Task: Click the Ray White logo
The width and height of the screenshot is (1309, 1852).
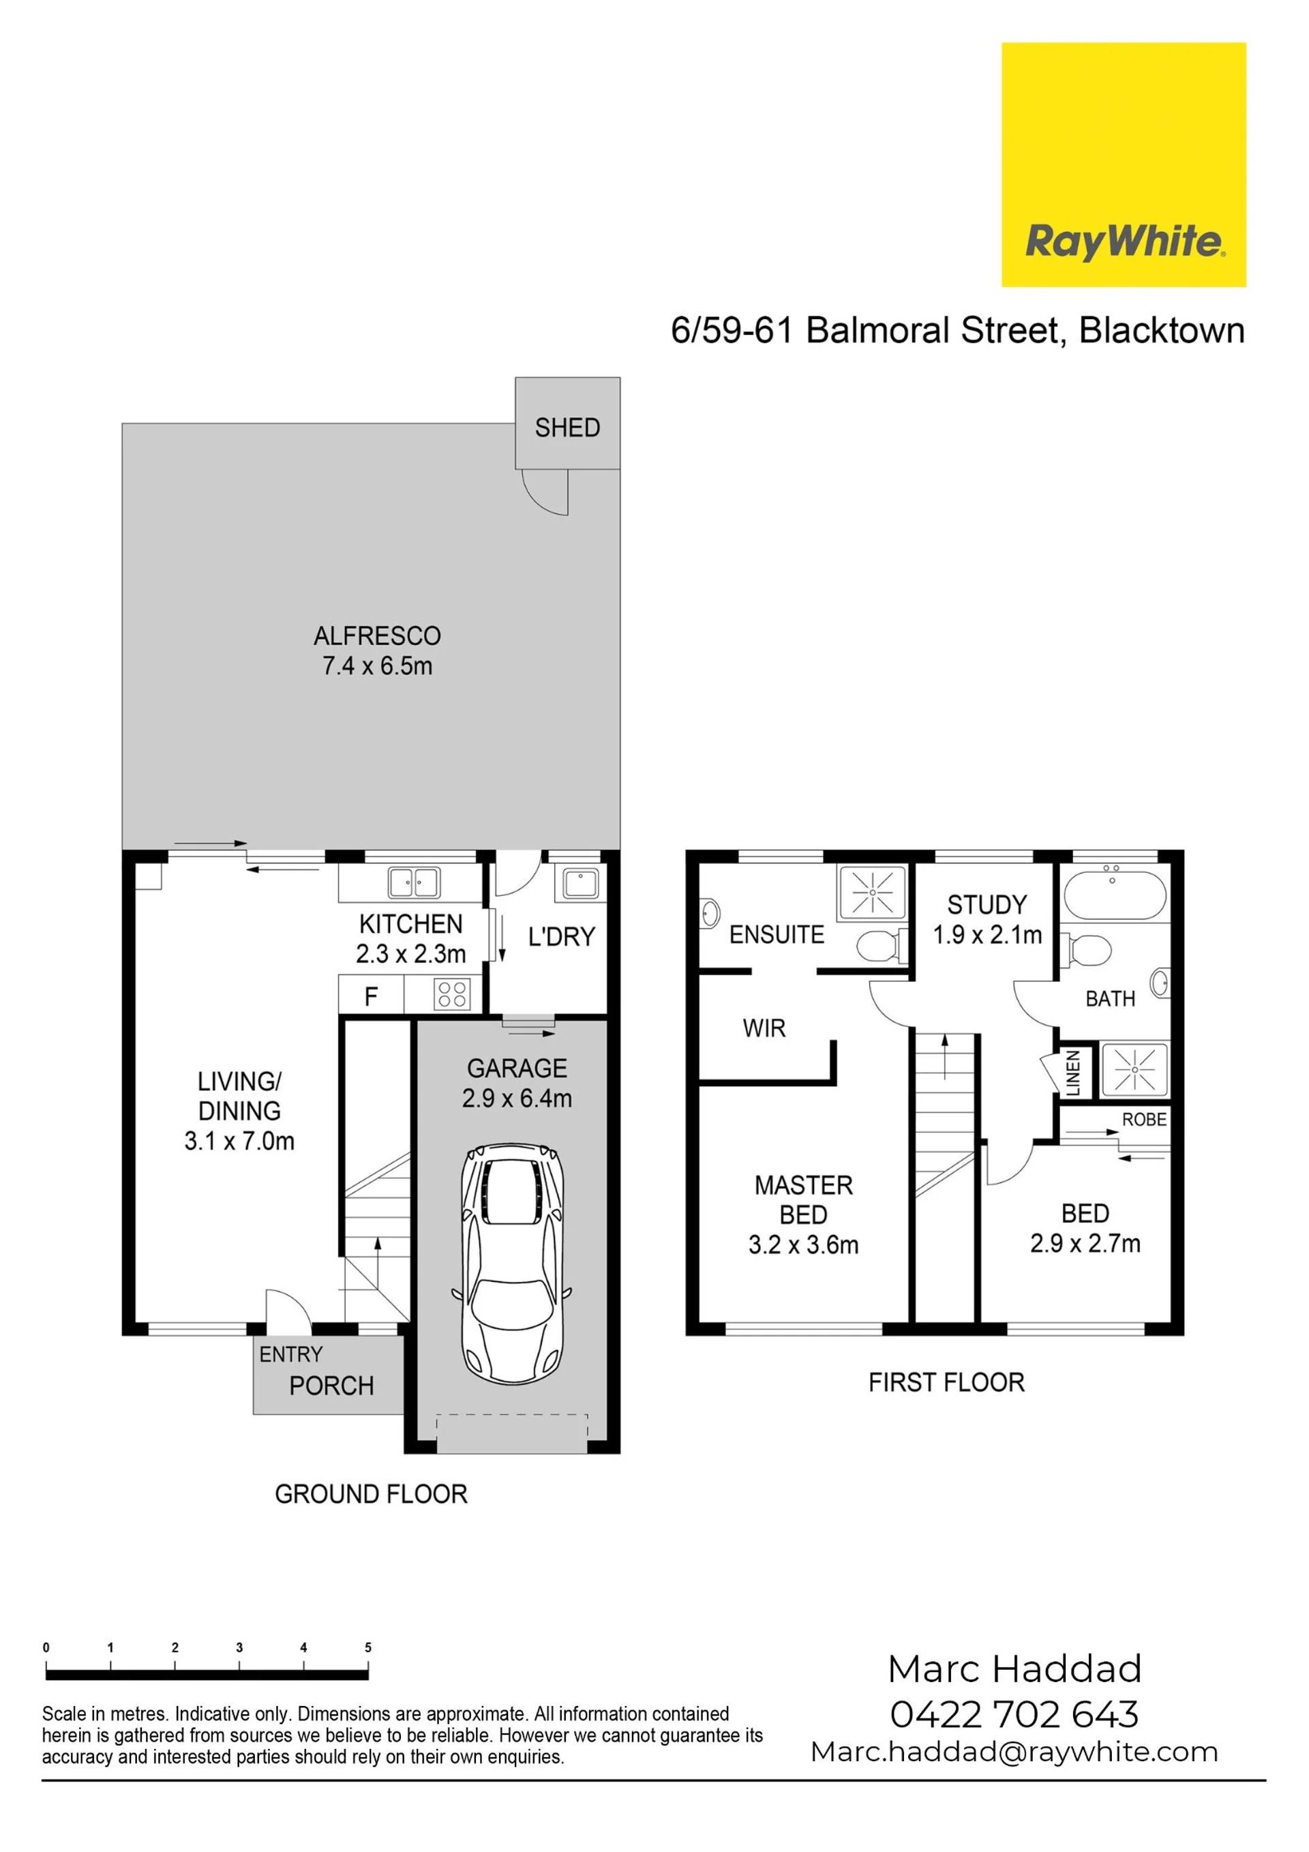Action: (1124, 164)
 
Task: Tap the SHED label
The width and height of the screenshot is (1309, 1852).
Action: (567, 428)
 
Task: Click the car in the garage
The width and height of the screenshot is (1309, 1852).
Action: (512, 1265)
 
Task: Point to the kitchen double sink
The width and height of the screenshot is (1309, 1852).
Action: (414, 882)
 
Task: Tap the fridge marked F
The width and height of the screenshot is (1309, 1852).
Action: (371, 996)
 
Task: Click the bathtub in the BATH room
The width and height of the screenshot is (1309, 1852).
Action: (1115, 895)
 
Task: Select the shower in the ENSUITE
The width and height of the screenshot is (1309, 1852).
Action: (872, 892)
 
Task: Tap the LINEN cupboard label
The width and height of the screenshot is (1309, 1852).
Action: (1074, 1072)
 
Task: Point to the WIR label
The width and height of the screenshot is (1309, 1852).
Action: (764, 1028)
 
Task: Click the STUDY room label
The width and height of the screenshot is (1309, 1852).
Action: (987, 904)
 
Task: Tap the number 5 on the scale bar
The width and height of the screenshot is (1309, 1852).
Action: (367, 1648)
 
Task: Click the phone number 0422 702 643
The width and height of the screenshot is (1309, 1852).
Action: (1014, 1714)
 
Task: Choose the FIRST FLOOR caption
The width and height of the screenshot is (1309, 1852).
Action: (946, 1383)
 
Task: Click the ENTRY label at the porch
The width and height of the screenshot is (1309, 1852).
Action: (290, 1354)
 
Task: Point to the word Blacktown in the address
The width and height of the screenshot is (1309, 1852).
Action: (1162, 331)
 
